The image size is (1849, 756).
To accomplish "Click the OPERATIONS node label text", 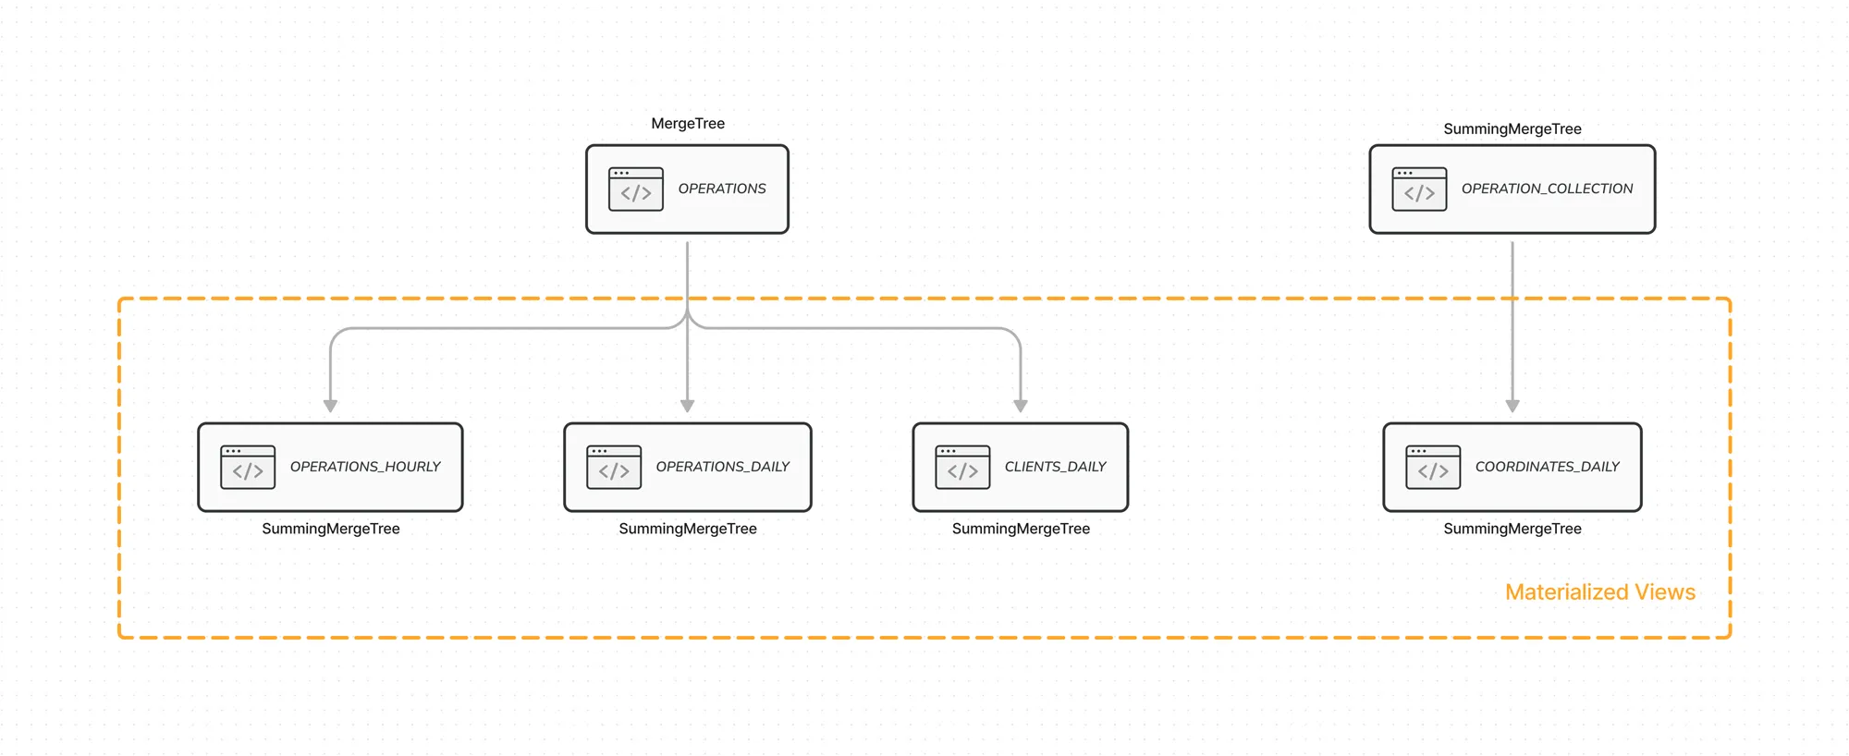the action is pyautogui.click(x=722, y=189).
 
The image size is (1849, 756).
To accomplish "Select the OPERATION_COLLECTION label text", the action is pyautogui.click(x=1547, y=189).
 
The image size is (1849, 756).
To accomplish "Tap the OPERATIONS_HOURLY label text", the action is pyautogui.click(x=365, y=467).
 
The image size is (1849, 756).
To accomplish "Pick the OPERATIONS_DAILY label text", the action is pyautogui.click(x=722, y=467).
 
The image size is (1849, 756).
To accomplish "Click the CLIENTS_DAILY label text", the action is pyautogui.click(x=1055, y=467).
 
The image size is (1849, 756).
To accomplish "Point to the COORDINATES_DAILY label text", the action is pyautogui.click(x=1547, y=467).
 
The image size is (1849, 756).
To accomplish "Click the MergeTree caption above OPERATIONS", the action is pyautogui.click(x=688, y=124).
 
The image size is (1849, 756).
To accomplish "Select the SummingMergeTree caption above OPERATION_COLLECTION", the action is pyautogui.click(x=1512, y=129).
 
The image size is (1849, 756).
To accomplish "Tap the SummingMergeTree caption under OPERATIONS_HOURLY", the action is pyautogui.click(x=331, y=529).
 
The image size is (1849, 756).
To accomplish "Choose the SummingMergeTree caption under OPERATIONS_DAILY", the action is pyautogui.click(x=688, y=529).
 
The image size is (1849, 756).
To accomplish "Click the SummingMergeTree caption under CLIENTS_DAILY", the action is pyautogui.click(x=1021, y=529).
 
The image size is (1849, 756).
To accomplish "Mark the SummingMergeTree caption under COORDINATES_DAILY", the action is pyautogui.click(x=1512, y=529).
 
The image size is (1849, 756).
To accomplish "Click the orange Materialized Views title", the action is pyautogui.click(x=1600, y=592).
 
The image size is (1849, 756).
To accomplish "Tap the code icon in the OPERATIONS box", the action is pyautogui.click(x=636, y=189).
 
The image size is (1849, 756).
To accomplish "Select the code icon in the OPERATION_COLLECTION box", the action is pyautogui.click(x=1419, y=189).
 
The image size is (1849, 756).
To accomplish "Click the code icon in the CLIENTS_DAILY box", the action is pyautogui.click(x=962, y=467).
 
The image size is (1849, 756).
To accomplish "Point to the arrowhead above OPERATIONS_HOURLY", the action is pyautogui.click(x=331, y=406).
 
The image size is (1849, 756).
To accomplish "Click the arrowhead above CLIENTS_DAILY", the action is pyautogui.click(x=1021, y=406).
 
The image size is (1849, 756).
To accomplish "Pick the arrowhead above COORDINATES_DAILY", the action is pyautogui.click(x=1512, y=406).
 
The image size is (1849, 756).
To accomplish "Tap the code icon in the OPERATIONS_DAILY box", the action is pyautogui.click(x=614, y=467).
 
